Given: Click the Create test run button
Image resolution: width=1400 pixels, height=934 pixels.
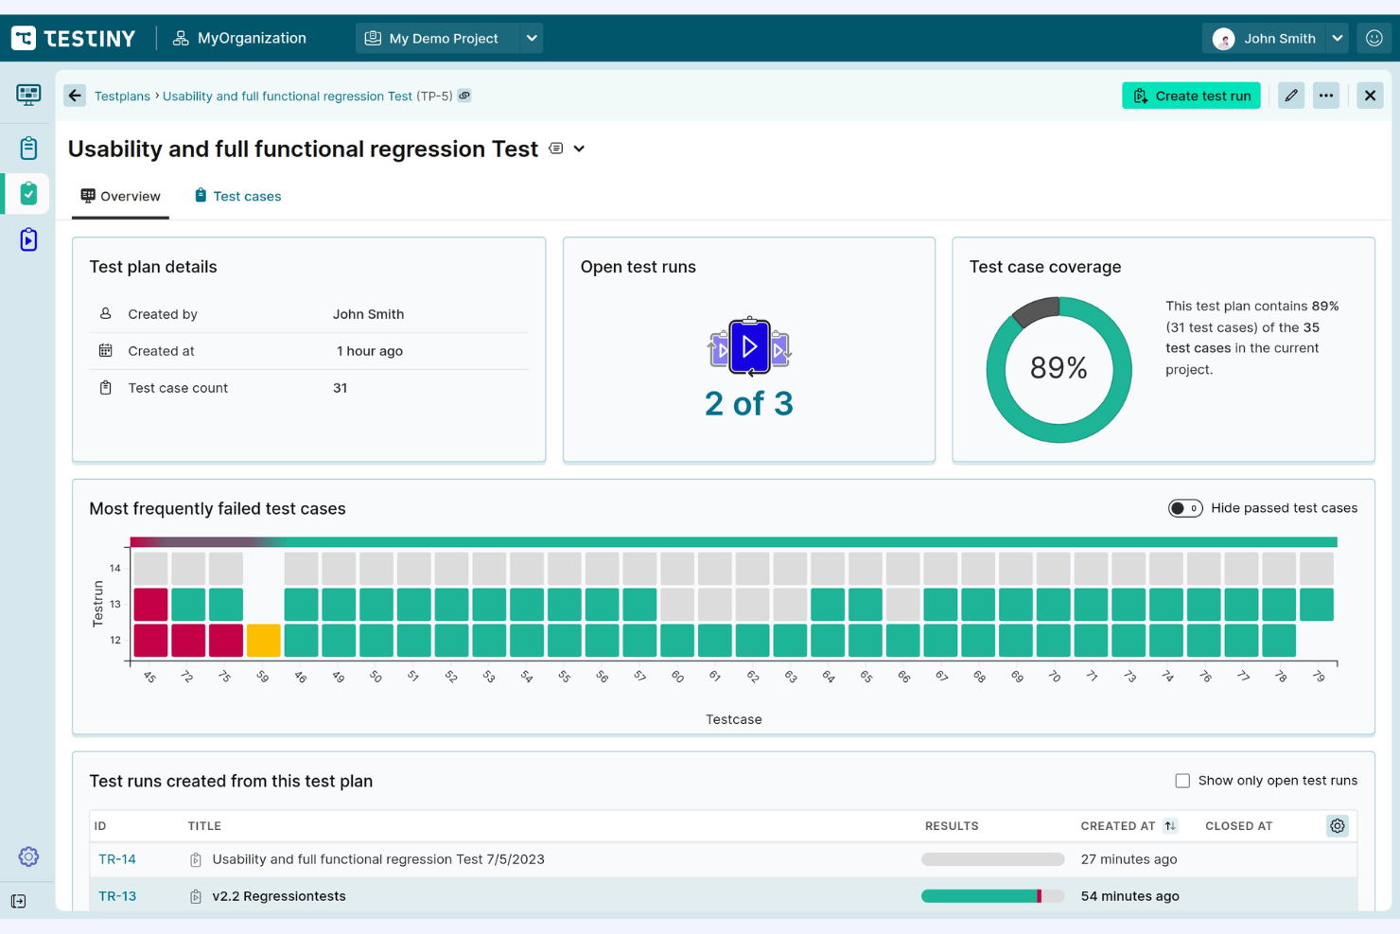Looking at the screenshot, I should pyautogui.click(x=1191, y=96).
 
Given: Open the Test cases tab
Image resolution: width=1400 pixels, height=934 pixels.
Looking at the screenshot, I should pyautogui.click(x=237, y=196).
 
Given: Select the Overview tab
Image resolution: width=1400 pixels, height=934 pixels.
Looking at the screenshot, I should pyautogui.click(x=121, y=196).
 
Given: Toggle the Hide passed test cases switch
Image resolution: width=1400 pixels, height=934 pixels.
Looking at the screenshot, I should pyautogui.click(x=1184, y=508).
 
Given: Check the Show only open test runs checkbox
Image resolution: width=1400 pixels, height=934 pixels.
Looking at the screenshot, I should pyautogui.click(x=1182, y=781).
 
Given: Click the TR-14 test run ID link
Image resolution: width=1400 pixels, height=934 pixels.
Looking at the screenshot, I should pyautogui.click(x=117, y=859).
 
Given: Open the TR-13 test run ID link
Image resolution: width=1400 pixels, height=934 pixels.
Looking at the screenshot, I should pyautogui.click(x=117, y=896).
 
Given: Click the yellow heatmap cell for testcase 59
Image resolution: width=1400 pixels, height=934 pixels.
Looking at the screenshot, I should pyautogui.click(x=264, y=641).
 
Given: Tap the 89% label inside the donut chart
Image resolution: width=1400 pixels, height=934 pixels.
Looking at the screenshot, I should pyautogui.click(x=1059, y=368).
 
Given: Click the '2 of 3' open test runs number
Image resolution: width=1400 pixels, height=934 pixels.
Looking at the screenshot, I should pyautogui.click(x=748, y=404).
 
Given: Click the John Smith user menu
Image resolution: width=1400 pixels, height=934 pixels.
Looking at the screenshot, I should pyautogui.click(x=1278, y=39).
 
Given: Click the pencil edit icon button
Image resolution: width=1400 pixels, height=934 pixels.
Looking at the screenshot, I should pyautogui.click(x=1291, y=96).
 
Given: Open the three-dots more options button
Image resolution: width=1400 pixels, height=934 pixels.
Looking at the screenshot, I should pyautogui.click(x=1326, y=96).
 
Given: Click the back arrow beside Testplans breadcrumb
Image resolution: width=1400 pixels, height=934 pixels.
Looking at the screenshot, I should pyautogui.click(x=75, y=96).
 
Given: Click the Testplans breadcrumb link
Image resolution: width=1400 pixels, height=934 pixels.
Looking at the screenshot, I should pyautogui.click(x=122, y=97).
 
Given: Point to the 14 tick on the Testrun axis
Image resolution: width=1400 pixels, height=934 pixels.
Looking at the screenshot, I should pyautogui.click(x=115, y=569).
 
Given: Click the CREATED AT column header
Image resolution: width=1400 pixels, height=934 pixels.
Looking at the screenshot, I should pyautogui.click(x=1118, y=826).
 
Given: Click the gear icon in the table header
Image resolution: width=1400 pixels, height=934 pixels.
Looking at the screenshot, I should pyautogui.click(x=1337, y=826).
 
